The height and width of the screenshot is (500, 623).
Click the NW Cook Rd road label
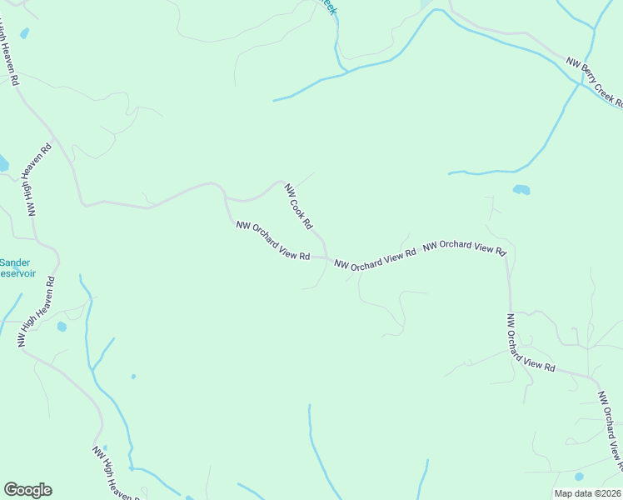click(298, 207)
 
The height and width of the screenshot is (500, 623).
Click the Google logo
click(27, 490)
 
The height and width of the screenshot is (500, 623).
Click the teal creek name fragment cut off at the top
click(329, 7)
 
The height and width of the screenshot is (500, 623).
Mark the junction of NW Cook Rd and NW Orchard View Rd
click(326, 257)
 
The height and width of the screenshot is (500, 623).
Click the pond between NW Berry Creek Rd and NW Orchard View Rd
click(521, 190)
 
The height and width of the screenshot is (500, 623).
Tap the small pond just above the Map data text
click(579, 477)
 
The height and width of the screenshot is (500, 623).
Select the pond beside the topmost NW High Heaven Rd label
click(24, 33)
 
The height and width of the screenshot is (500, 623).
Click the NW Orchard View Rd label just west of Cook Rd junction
click(273, 241)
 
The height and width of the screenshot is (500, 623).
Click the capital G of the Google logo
click(11, 490)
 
